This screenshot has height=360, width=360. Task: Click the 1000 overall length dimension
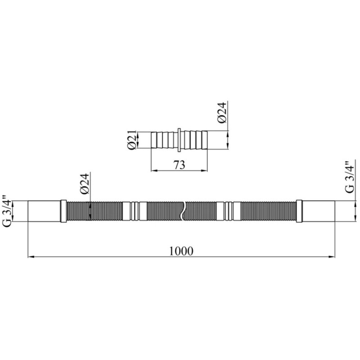181,251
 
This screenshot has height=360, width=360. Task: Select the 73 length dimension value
179,165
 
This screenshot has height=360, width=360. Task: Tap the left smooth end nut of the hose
44,211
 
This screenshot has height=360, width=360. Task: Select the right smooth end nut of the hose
318,211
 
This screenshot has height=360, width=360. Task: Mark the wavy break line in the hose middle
183,211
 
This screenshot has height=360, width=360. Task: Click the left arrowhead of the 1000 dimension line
31,257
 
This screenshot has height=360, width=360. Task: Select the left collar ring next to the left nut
63,211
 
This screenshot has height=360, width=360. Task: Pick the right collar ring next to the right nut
299,211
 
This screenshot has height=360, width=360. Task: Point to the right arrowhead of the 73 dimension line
206,170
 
